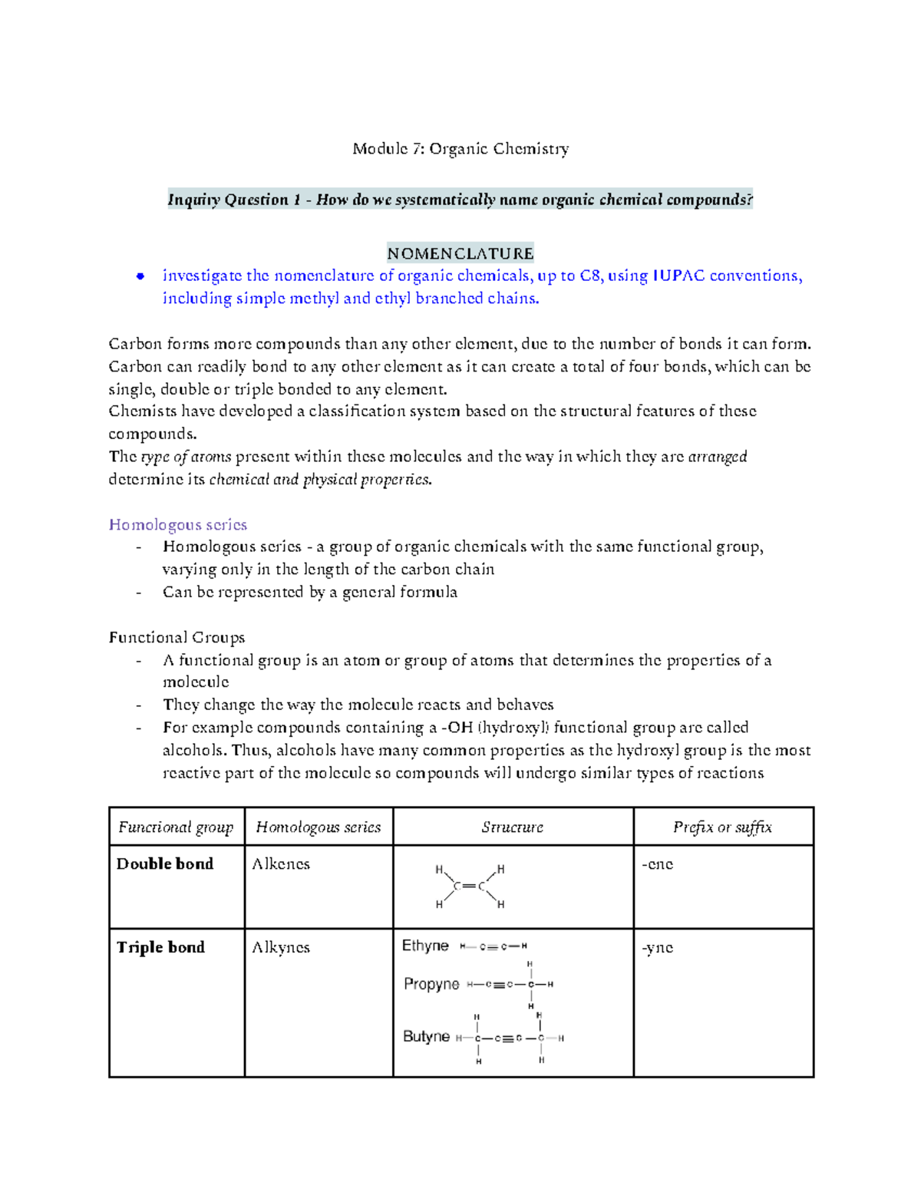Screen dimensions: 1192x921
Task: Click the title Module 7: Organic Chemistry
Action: tap(460, 149)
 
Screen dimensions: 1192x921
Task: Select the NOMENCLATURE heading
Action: tap(460, 253)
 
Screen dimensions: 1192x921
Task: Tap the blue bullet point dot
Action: tap(140, 276)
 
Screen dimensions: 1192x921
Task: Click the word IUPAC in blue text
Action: tap(678, 276)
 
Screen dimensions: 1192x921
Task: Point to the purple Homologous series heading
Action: tap(178, 525)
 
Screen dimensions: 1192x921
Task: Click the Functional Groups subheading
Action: tap(177, 637)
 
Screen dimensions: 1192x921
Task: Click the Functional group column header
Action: tap(176, 827)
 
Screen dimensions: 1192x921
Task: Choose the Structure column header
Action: tap(512, 827)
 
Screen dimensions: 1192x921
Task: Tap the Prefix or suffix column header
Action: tap(722, 827)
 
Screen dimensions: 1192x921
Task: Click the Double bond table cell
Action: tap(165, 864)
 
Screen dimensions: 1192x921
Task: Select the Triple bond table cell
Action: tap(160, 948)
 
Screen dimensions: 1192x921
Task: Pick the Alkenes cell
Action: tap(281, 864)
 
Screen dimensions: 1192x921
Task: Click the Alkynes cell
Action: tap(281, 948)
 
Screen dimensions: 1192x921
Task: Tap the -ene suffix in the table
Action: tap(658, 864)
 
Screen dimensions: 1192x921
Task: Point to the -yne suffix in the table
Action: tap(658, 948)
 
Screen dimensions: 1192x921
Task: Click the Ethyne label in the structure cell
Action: tap(425, 946)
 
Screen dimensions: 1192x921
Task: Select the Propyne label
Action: tap(431, 984)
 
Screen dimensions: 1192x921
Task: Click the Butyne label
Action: tap(426, 1037)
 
